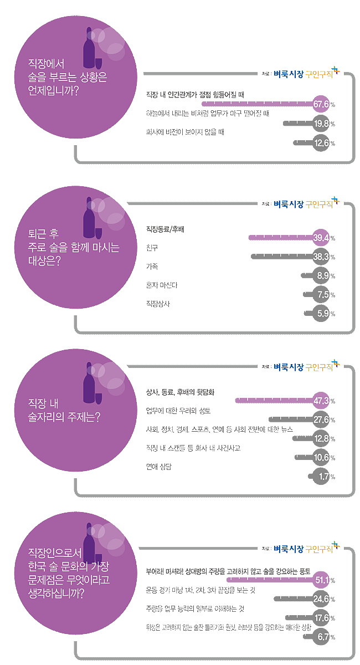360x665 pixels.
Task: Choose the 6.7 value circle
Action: [x=322, y=637]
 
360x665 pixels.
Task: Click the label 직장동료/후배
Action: [x=164, y=228]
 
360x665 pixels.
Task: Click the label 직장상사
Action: [x=158, y=304]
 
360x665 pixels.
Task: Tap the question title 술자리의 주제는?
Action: [x=64, y=416]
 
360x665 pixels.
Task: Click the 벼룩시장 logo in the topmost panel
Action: [x=289, y=76]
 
